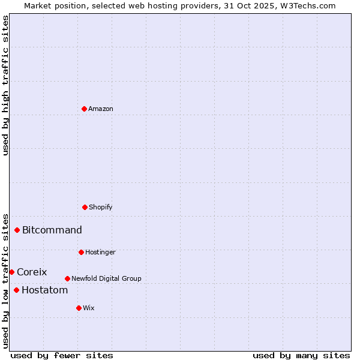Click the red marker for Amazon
click(x=84, y=109)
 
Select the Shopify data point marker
click(x=85, y=207)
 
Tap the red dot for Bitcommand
click(x=17, y=230)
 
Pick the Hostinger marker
click(x=81, y=252)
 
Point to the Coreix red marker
click(x=11, y=272)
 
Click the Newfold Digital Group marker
click(x=67, y=278)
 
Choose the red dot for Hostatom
click(x=16, y=290)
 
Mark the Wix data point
click(x=79, y=308)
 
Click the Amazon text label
click(x=101, y=109)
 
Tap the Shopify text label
click(x=101, y=207)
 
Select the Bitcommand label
click(x=52, y=230)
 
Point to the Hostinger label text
click(x=100, y=252)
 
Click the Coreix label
click(x=32, y=272)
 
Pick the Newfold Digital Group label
click(x=106, y=278)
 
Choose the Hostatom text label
click(x=44, y=290)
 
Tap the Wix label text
click(x=89, y=308)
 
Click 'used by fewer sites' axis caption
click(x=62, y=355)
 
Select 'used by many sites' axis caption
click(x=301, y=355)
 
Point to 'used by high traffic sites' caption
click(x=5, y=85)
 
